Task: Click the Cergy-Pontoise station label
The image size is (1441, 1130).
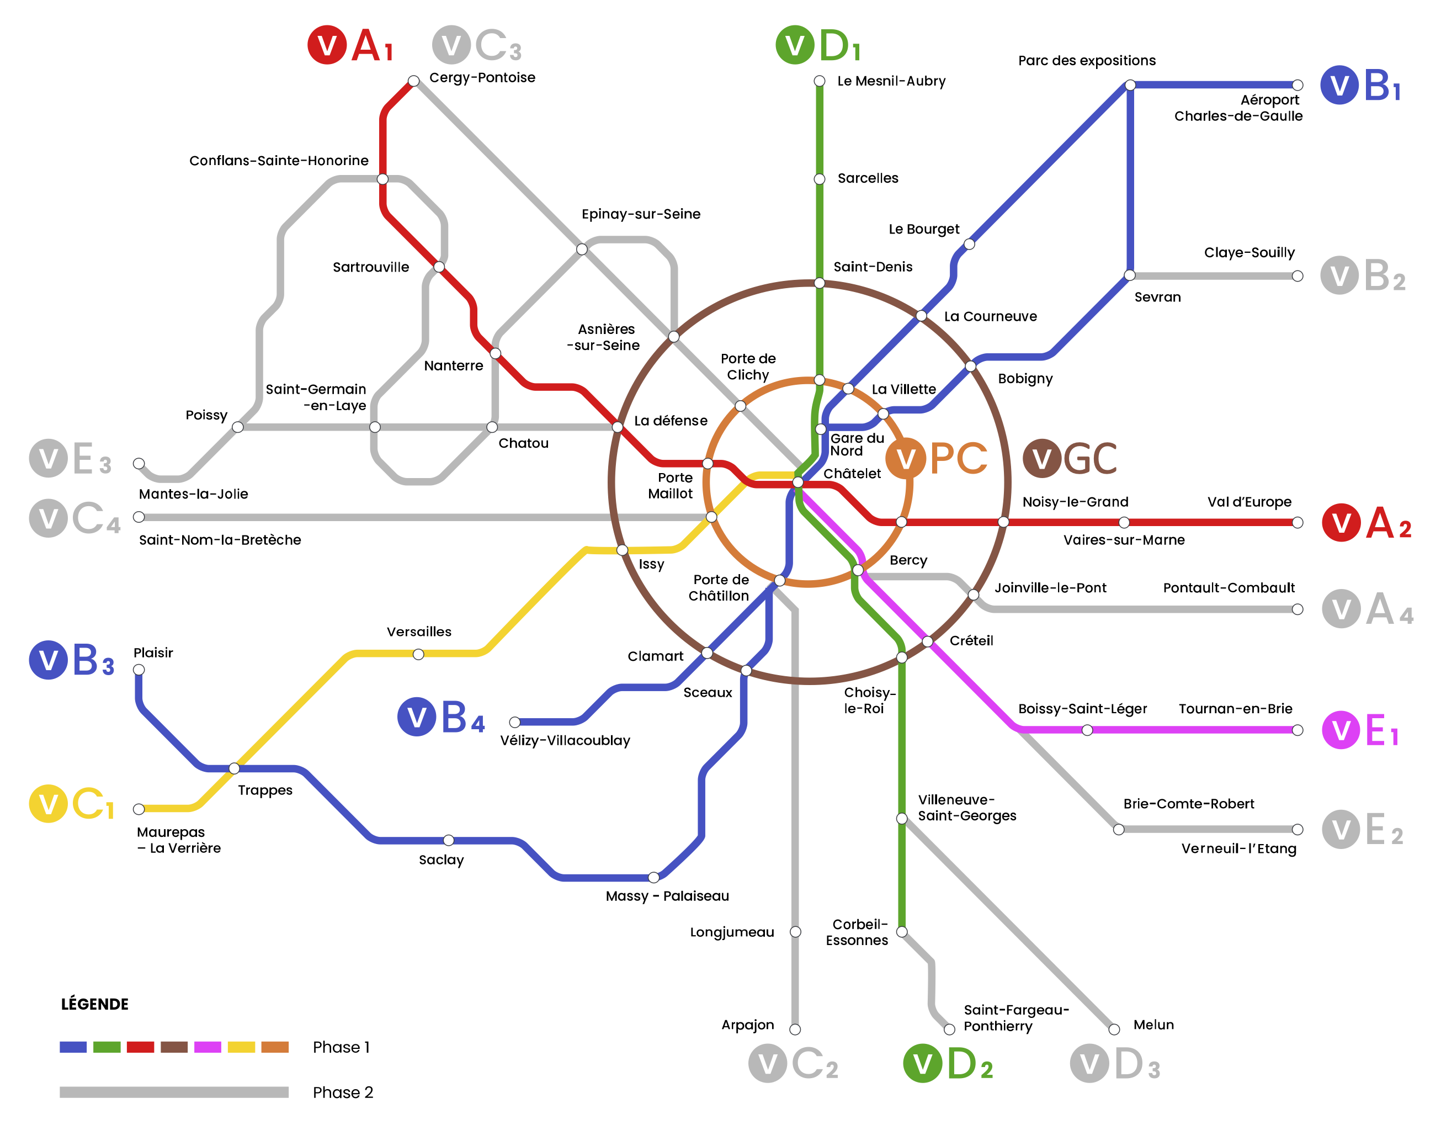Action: pos(482,77)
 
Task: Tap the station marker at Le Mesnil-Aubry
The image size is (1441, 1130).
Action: pos(820,81)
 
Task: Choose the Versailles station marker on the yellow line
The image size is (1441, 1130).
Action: pos(418,654)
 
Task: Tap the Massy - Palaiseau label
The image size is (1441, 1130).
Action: pos(667,896)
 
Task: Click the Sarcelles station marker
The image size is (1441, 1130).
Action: pos(820,179)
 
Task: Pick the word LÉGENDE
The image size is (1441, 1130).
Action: pos(94,1004)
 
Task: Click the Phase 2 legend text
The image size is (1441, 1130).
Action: pos(343,1092)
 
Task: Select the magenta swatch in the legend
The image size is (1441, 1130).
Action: pos(208,1047)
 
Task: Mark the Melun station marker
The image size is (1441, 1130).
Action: pos(1114,1030)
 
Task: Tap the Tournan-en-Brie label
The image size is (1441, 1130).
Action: pos(1235,709)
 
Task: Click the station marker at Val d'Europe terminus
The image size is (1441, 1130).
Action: pos(1298,523)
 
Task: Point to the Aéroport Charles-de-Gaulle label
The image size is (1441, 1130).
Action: pos(1238,108)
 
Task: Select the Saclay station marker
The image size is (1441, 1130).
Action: pos(448,840)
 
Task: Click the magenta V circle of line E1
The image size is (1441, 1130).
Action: pos(1341,730)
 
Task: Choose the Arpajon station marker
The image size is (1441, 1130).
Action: pos(795,1030)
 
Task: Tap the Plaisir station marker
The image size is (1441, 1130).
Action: pos(139,670)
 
